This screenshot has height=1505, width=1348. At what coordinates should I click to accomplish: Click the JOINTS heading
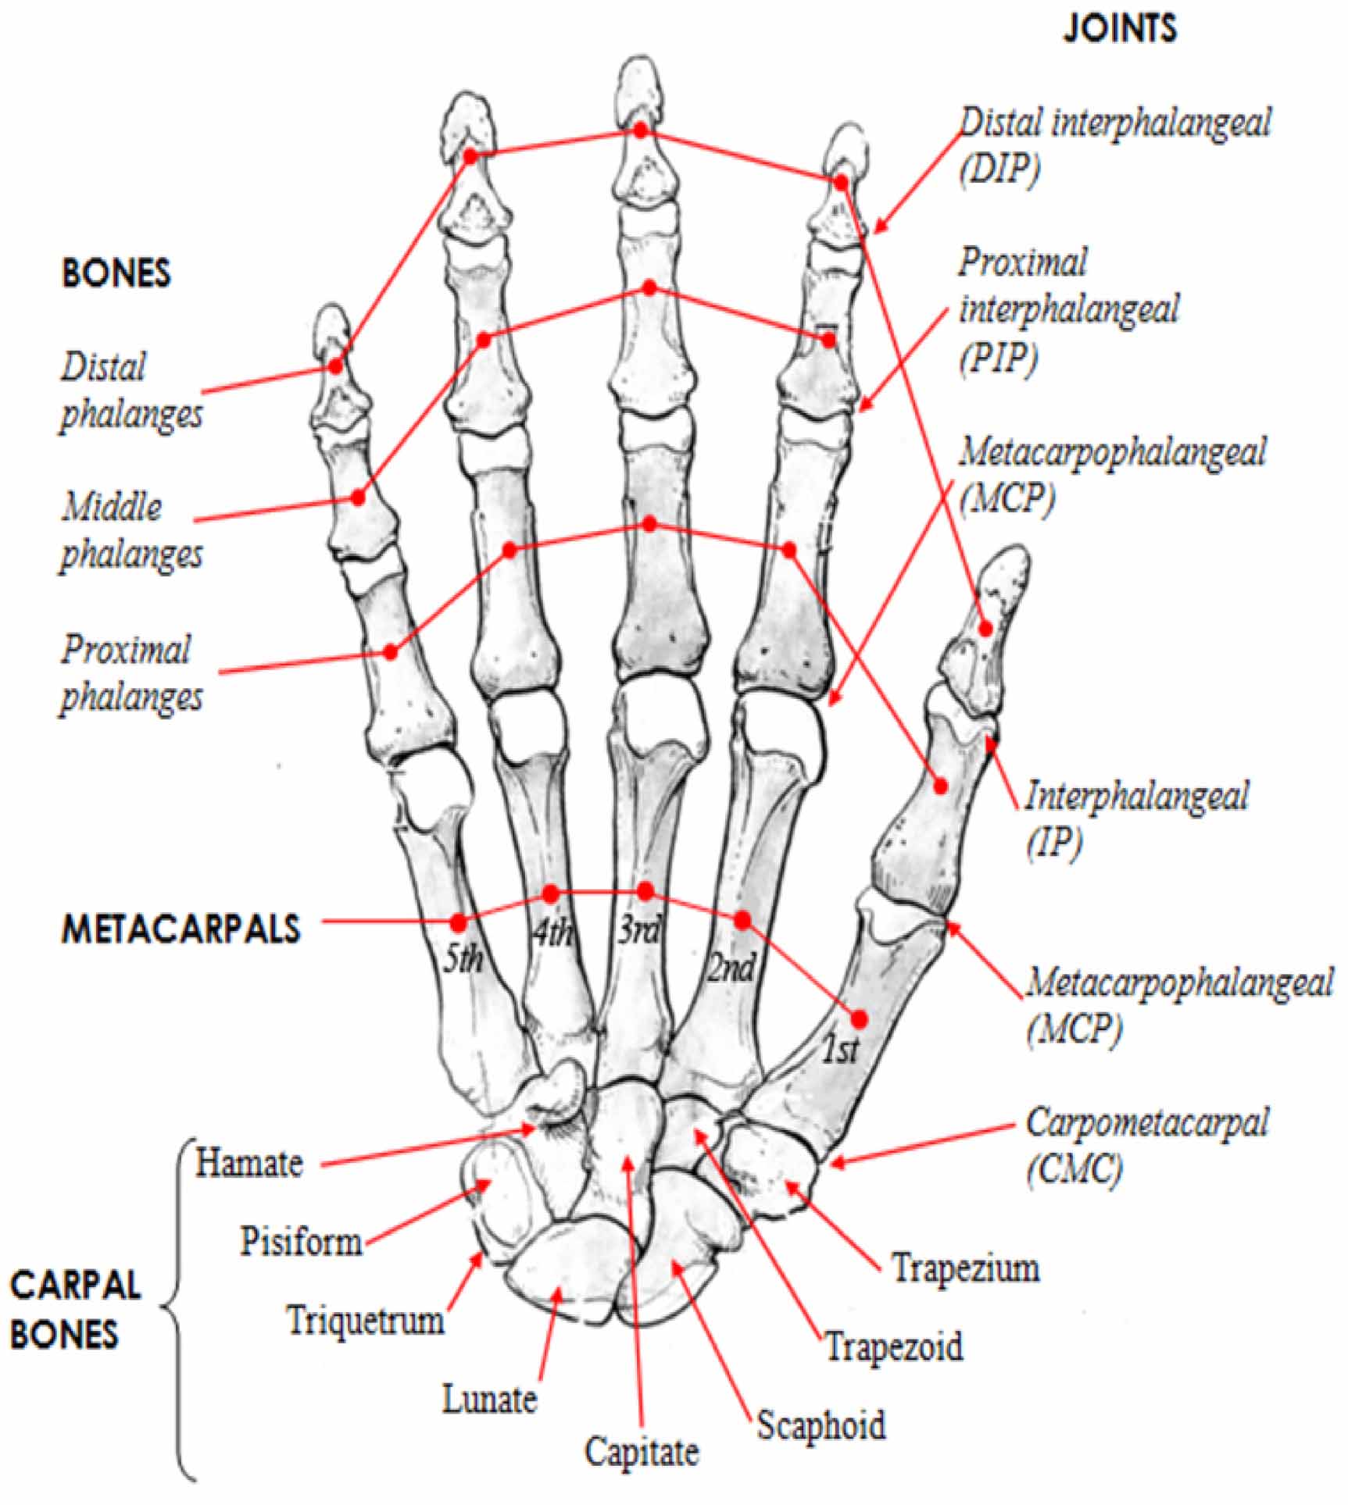click(1119, 29)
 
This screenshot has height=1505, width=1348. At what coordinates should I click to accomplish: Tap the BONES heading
click(116, 273)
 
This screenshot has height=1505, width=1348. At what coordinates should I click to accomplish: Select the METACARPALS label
click(181, 929)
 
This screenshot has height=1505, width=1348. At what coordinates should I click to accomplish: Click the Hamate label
click(249, 1163)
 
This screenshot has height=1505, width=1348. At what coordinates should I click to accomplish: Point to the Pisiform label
click(301, 1241)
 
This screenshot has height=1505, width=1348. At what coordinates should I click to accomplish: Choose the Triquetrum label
click(366, 1321)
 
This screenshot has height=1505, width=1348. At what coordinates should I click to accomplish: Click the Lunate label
click(489, 1398)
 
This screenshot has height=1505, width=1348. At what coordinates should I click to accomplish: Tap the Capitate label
click(642, 1452)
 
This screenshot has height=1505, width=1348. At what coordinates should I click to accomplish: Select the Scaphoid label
click(821, 1425)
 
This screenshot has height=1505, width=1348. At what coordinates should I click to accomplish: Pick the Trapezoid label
click(894, 1346)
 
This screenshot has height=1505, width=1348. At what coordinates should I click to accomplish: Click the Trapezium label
click(966, 1268)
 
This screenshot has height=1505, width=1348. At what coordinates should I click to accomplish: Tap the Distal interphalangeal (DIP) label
click(1114, 145)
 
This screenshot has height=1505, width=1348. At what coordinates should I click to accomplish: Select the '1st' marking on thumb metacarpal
click(840, 1051)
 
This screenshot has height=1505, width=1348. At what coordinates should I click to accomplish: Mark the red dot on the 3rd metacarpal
click(645, 891)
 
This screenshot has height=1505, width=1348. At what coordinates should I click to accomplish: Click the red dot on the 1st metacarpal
click(860, 1019)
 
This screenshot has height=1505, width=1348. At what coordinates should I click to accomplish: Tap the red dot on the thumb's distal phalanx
click(986, 628)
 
